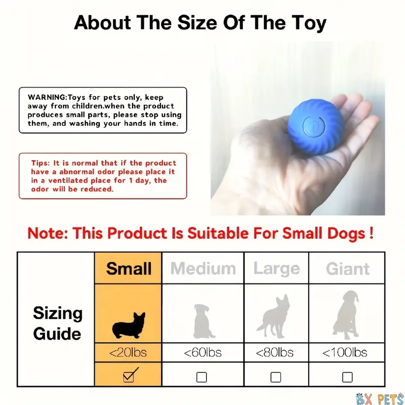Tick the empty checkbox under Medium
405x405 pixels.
tap(201, 377)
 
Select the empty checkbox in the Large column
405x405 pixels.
tap(275, 377)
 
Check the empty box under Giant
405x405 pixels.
tap(347, 377)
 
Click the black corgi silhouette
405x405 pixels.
tap(129, 326)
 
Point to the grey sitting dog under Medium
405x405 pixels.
tap(203, 321)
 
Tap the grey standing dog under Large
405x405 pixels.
tap(274, 316)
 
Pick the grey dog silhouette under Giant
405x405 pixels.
tap(346, 315)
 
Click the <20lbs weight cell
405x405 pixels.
tap(128, 352)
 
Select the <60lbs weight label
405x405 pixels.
tap(203, 352)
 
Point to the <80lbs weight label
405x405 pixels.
tap(274, 352)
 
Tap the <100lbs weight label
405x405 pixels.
tap(345, 352)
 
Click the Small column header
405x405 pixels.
tap(129, 268)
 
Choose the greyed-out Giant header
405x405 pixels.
tap(348, 269)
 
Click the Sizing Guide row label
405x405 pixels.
tap(58, 323)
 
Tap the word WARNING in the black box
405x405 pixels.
tap(47, 97)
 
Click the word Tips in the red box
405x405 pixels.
tap(40, 163)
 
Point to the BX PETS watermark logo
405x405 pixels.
tap(379, 399)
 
